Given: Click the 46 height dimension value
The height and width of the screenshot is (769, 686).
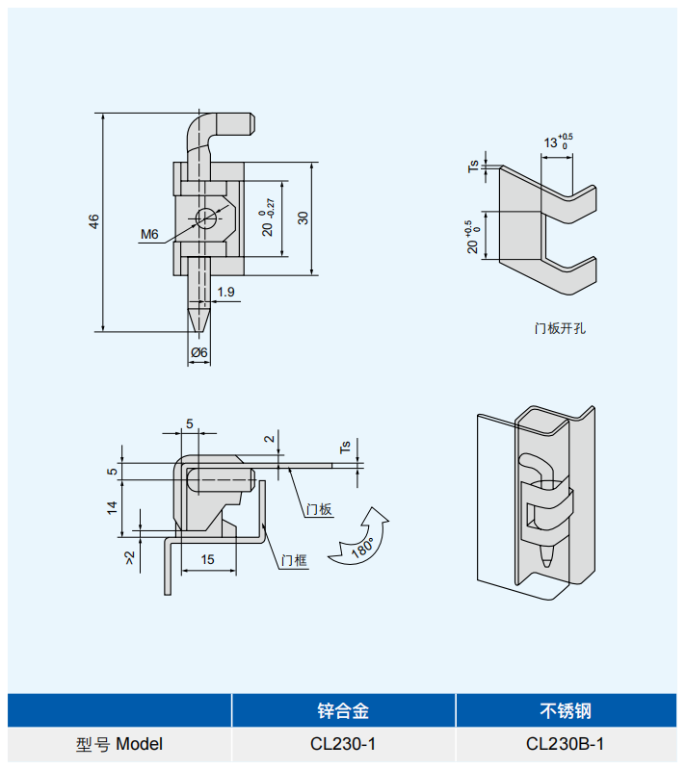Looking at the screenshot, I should (93, 220).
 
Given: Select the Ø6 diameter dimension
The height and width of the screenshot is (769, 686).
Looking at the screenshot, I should (199, 352).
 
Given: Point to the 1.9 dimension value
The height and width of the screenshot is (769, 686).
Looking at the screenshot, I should (225, 292).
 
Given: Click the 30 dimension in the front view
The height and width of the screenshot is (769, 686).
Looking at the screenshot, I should (303, 218).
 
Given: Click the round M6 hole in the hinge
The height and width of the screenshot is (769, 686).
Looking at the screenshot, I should (206, 218).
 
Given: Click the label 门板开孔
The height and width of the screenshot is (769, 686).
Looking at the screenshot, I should (560, 328).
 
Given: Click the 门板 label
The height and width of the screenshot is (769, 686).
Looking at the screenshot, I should (319, 509).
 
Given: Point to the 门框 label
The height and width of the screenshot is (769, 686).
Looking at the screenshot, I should (295, 560).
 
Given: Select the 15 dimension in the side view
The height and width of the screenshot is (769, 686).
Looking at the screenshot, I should (207, 559).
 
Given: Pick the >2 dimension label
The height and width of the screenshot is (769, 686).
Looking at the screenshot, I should (130, 557).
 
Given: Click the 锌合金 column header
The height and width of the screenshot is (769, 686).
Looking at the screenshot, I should (343, 711).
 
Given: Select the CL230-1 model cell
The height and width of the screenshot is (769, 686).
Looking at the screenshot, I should (343, 744).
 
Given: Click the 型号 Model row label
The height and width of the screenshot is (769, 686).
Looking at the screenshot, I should (119, 744).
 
